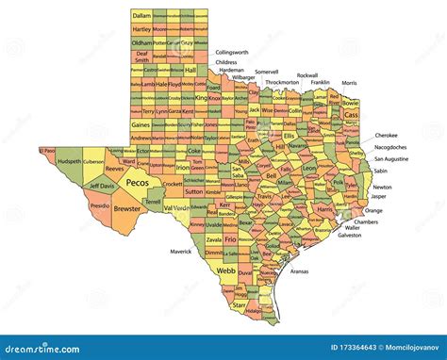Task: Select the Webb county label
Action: (x=225, y=270)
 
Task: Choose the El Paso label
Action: (x=47, y=150)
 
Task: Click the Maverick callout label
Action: (x=180, y=252)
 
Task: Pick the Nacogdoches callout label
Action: (x=391, y=147)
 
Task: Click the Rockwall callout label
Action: (x=306, y=74)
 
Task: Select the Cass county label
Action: (x=351, y=114)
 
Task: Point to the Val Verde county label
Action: (x=174, y=207)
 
